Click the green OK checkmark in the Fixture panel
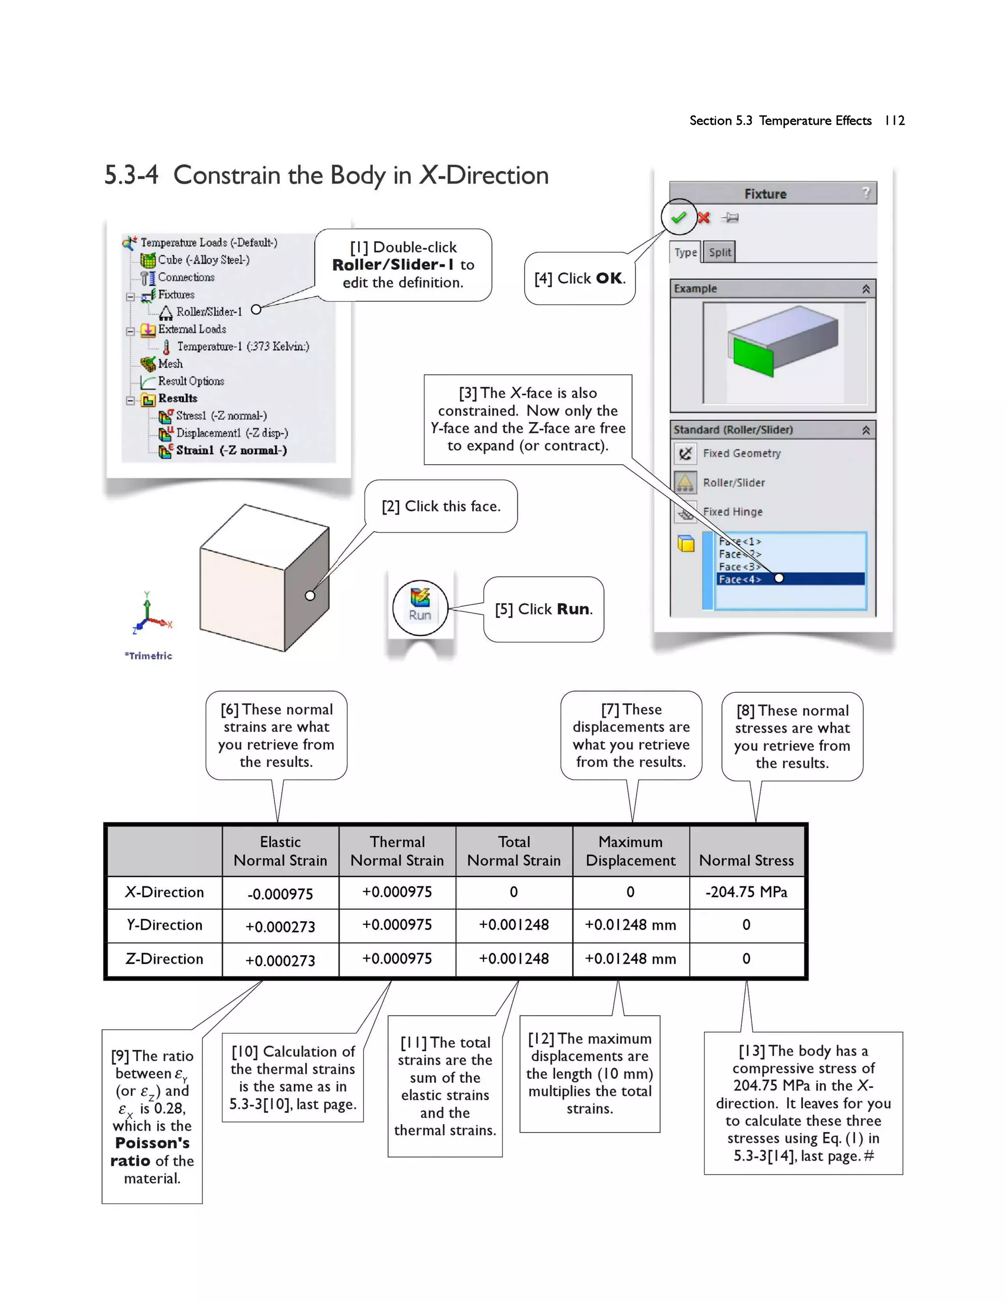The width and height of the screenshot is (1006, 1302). point(678,218)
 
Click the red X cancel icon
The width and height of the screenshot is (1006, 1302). point(704,218)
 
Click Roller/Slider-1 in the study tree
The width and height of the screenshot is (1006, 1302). point(209,311)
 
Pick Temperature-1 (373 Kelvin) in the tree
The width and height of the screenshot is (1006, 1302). point(243,346)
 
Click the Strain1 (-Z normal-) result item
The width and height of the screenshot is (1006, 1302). point(231,450)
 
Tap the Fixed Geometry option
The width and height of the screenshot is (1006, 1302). point(741,453)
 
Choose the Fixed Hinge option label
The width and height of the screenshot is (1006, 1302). point(732,511)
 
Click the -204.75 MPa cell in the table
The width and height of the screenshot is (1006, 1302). point(746,892)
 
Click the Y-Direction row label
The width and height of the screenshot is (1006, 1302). point(165,925)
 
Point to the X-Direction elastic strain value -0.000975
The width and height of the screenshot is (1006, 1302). point(280,894)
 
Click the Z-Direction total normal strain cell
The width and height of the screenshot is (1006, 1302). point(514,959)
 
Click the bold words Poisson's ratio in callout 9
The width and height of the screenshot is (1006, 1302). point(152,1152)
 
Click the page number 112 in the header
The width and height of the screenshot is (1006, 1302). point(894,120)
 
